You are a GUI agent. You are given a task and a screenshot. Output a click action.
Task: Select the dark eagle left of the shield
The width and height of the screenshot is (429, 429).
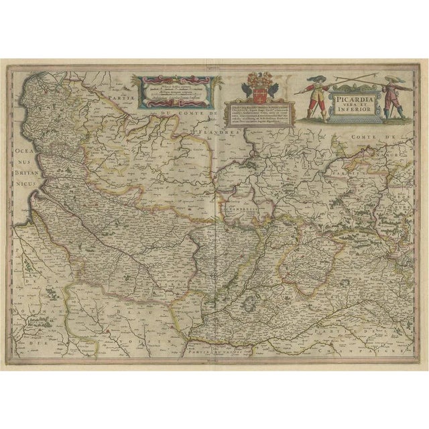245,86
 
